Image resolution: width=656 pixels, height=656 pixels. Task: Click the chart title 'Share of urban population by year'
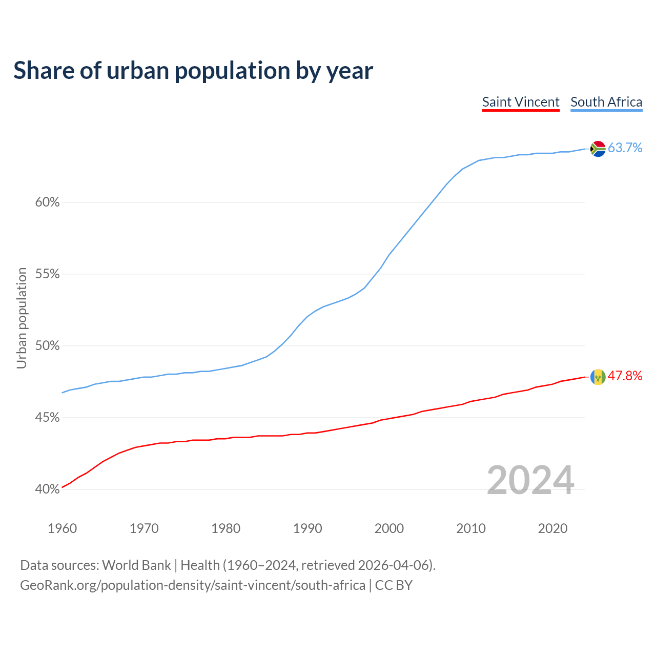(x=193, y=71)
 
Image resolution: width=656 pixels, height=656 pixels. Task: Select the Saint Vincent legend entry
(x=521, y=102)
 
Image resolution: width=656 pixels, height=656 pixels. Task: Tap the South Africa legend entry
(x=606, y=102)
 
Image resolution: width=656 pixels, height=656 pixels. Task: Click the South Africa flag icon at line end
(x=598, y=149)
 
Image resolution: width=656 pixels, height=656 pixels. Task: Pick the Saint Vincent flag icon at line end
(x=598, y=377)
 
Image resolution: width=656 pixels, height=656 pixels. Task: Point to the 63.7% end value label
(x=625, y=148)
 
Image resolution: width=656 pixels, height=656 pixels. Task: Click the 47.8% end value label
(x=625, y=376)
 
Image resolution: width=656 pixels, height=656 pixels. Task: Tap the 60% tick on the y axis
(x=47, y=202)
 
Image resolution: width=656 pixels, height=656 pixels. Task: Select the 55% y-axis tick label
(x=47, y=274)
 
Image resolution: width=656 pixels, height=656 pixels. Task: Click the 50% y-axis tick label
(x=47, y=346)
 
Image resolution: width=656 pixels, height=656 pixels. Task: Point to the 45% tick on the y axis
(x=47, y=418)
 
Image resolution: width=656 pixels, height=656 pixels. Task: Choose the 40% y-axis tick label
(x=47, y=489)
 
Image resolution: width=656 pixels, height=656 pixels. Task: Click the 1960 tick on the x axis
(x=63, y=528)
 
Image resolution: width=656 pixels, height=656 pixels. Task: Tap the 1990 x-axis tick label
(x=307, y=528)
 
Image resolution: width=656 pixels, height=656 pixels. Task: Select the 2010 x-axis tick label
(x=471, y=528)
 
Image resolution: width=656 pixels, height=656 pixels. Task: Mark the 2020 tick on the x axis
(x=552, y=528)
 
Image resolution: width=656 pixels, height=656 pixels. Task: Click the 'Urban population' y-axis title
(x=22, y=318)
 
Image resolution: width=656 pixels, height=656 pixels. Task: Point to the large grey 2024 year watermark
(x=530, y=480)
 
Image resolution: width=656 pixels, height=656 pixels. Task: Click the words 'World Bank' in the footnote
(x=136, y=565)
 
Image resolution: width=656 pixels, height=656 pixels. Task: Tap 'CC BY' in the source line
(x=394, y=585)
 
